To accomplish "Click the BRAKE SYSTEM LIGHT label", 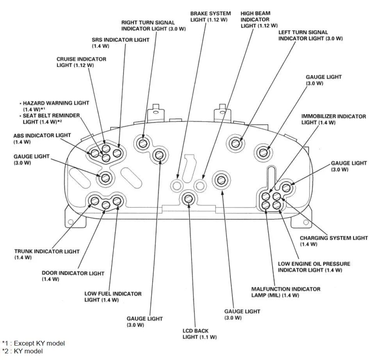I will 210,16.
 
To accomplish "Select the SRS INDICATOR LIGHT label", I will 115,43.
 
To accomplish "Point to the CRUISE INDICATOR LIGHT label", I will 81,62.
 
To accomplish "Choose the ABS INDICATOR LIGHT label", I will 42,138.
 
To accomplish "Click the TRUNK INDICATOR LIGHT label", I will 47,254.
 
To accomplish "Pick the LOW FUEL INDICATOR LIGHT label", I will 113,297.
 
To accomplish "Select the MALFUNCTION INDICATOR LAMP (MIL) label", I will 286,292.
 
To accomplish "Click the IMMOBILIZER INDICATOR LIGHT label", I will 333,119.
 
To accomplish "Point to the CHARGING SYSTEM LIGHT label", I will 333,241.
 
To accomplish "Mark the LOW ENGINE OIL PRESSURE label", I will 314,267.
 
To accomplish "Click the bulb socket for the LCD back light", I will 188,198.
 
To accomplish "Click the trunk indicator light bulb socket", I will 95,201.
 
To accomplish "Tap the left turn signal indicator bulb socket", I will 235,143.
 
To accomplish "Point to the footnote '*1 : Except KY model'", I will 33,343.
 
